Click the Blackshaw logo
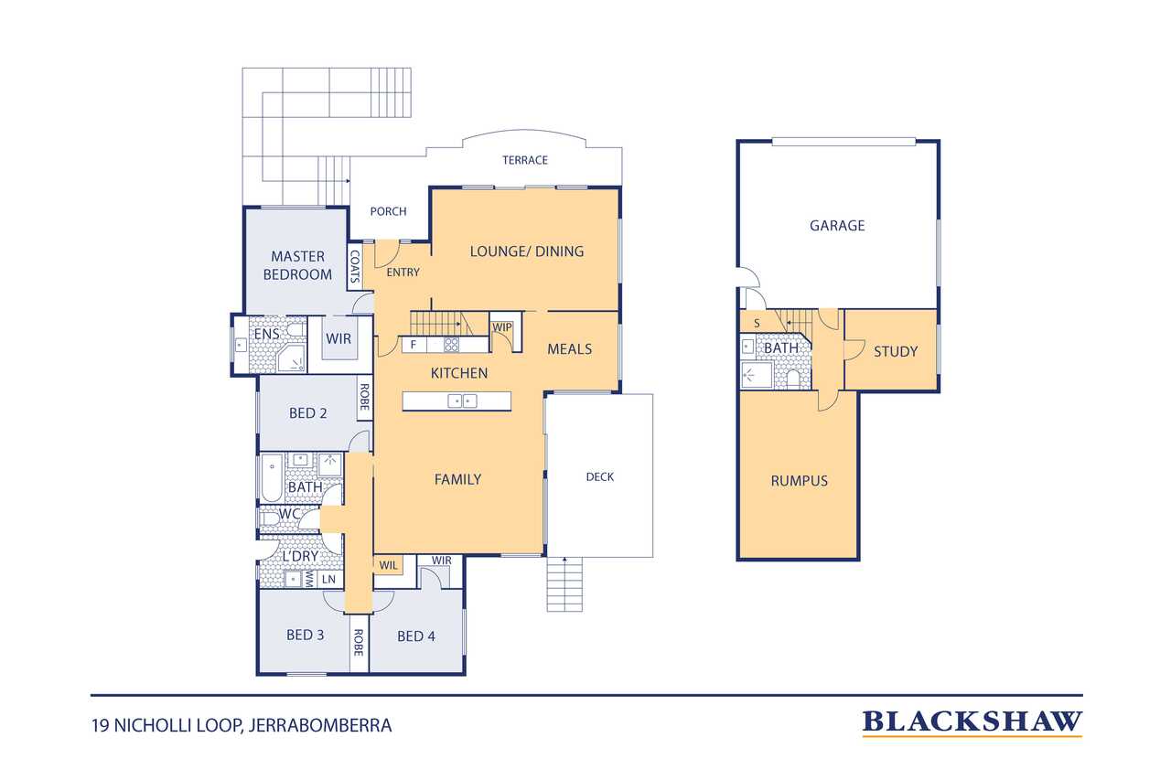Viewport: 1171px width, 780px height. pyautogui.click(x=972, y=722)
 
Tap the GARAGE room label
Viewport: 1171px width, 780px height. pyautogui.click(x=837, y=226)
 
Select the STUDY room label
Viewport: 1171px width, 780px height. pyautogui.click(x=896, y=352)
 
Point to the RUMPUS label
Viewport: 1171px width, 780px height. pyautogui.click(x=800, y=481)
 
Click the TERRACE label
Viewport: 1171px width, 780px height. pyautogui.click(x=525, y=160)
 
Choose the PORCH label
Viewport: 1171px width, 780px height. pyautogui.click(x=388, y=211)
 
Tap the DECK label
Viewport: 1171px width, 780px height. pyautogui.click(x=599, y=477)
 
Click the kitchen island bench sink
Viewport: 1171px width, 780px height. pyautogui.click(x=463, y=401)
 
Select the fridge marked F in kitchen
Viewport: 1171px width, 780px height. pyautogui.click(x=414, y=345)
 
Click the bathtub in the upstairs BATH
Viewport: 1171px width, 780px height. pyautogui.click(x=272, y=477)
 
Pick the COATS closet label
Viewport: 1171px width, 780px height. pyautogui.click(x=354, y=266)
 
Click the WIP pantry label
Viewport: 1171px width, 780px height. pyautogui.click(x=502, y=327)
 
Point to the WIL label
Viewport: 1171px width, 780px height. pyautogui.click(x=388, y=565)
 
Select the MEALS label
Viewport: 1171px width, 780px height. pyautogui.click(x=569, y=349)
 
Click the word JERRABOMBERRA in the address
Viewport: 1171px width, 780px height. pyautogui.click(x=320, y=726)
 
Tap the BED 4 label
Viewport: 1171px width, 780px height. pyautogui.click(x=416, y=636)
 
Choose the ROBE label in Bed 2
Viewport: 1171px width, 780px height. pyautogui.click(x=364, y=397)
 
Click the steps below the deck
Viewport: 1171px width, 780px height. pyautogui.click(x=564, y=584)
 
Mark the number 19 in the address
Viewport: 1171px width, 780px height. pyautogui.click(x=100, y=726)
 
